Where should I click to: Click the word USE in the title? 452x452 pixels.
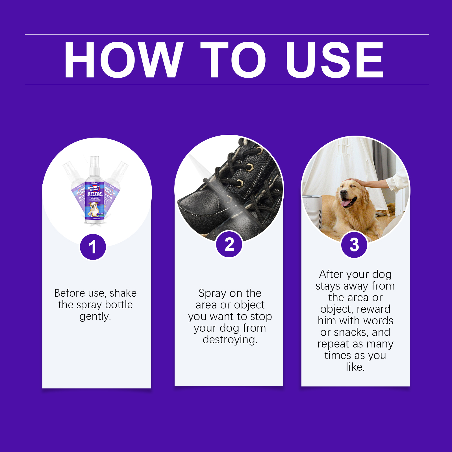(334, 60)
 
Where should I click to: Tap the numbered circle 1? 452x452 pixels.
(93, 247)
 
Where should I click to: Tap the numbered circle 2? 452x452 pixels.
(229, 245)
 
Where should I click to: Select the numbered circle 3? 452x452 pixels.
(354, 245)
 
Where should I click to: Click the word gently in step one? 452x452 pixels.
(95, 317)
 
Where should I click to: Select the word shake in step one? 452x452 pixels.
(123, 293)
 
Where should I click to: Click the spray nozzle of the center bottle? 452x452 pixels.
(94, 161)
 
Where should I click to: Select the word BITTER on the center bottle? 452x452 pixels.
(95, 193)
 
